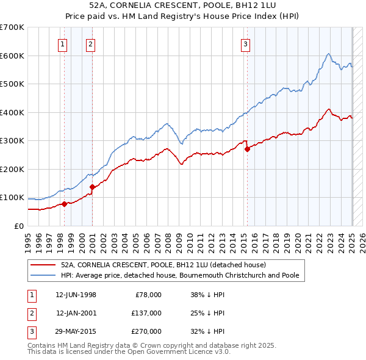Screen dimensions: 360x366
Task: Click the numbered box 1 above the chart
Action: (63, 43)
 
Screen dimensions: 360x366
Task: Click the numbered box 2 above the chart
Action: (90, 43)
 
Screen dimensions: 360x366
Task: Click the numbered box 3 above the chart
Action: (245, 43)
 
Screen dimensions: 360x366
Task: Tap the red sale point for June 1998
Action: (64, 204)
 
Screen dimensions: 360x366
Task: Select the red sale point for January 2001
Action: (92, 187)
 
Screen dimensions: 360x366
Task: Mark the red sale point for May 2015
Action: (247, 149)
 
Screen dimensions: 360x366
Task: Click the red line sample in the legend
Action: (44, 265)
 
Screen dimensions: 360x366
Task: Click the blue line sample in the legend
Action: (44, 275)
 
